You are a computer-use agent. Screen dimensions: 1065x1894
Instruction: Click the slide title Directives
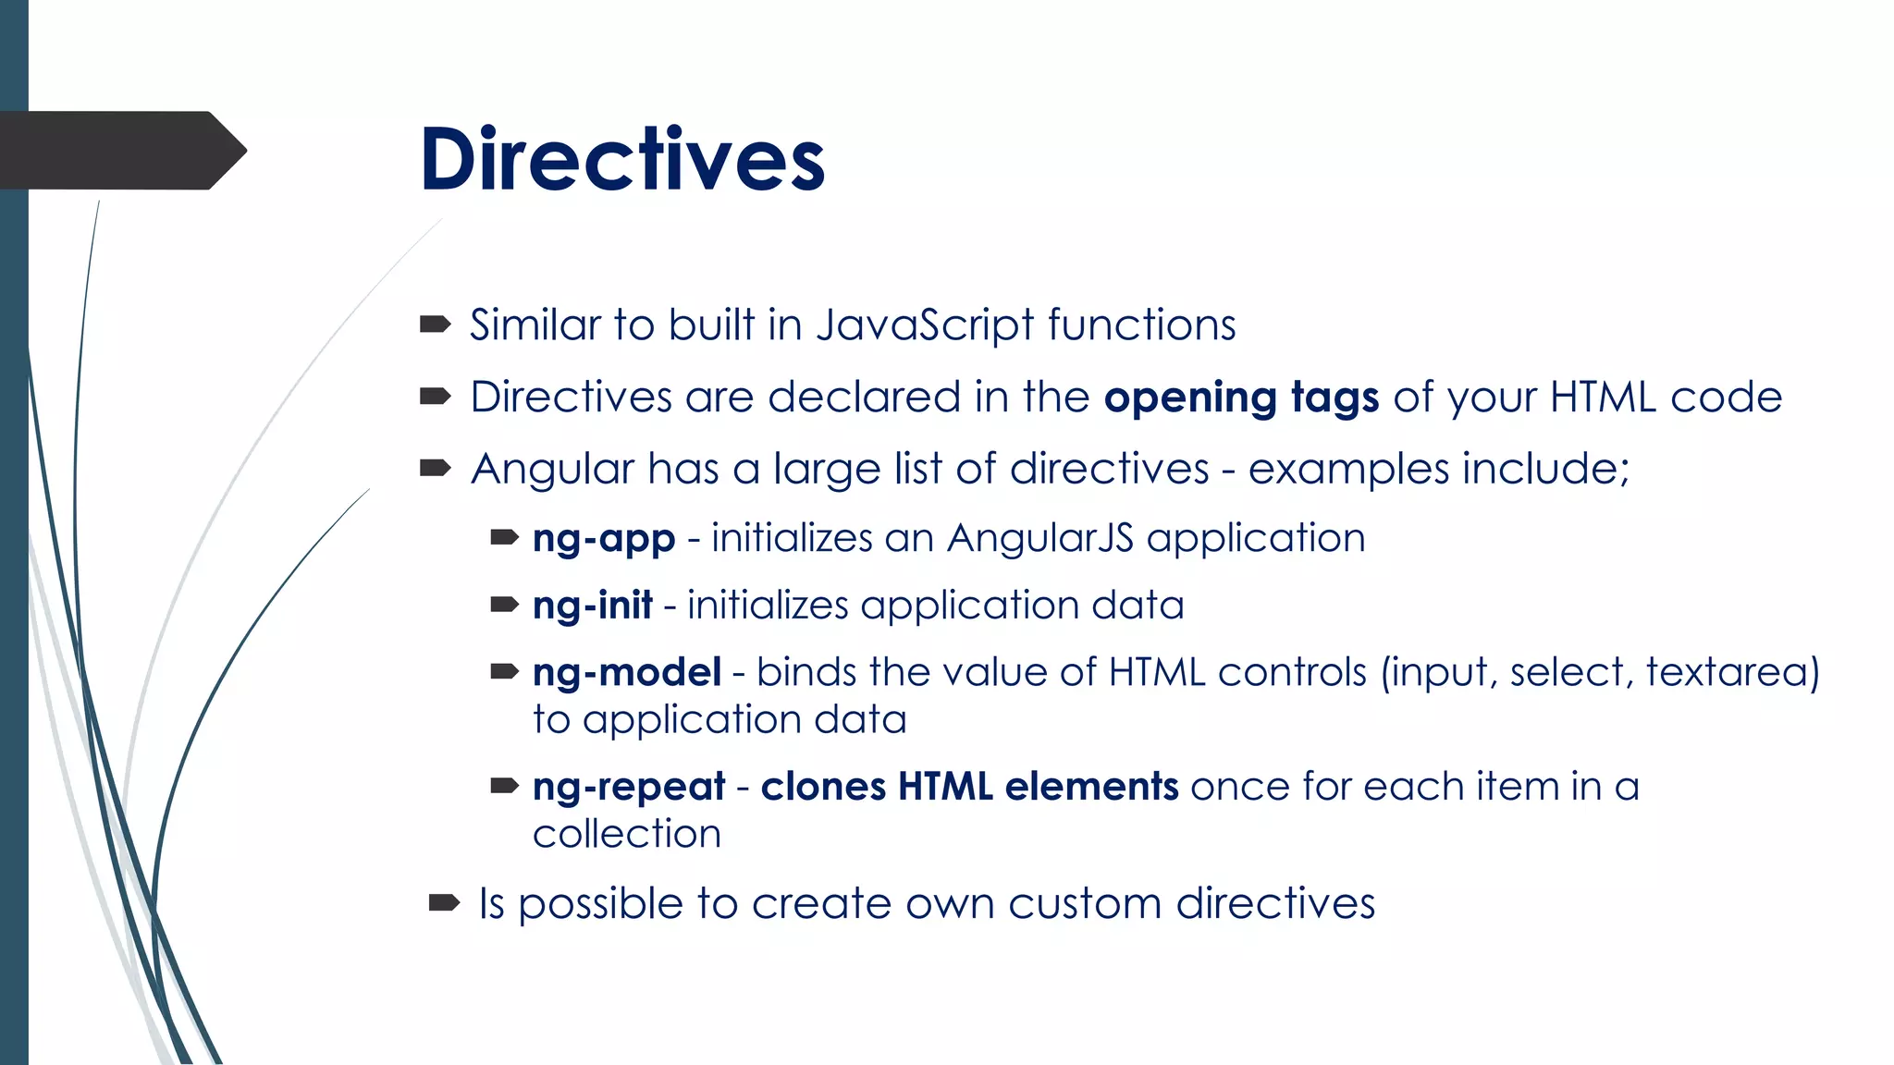click(621, 160)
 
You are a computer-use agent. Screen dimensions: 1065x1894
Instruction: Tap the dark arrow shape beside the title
click(120, 151)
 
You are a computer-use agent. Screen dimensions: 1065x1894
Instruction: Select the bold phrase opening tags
click(1241, 398)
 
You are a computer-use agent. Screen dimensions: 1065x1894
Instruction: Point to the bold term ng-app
click(604, 539)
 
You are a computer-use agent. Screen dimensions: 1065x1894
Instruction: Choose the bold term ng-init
click(593, 606)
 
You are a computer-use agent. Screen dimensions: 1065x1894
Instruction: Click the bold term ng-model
click(627, 672)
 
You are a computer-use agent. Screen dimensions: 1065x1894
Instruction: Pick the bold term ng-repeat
click(629, 787)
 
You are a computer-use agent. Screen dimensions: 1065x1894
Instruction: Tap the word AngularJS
click(1040, 538)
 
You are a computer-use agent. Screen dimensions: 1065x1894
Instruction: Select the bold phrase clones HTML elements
click(969, 787)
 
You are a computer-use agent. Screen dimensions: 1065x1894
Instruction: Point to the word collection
click(627, 834)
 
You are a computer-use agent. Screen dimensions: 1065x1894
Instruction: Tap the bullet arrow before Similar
click(435, 324)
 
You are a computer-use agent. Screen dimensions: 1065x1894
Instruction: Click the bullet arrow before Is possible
click(444, 902)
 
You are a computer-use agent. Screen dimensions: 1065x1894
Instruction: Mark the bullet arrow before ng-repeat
click(504, 787)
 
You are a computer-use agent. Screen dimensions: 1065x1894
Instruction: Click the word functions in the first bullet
click(1141, 325)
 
